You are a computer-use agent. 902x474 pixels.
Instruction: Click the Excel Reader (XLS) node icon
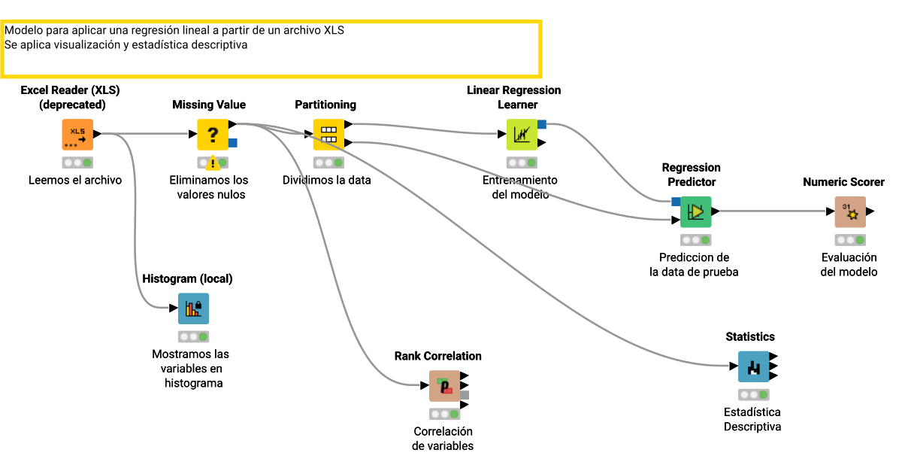[x=77, y=135]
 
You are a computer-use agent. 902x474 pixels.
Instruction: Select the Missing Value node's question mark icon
[x=213, y=135]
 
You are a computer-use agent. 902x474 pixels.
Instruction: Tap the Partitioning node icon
[x=328, y=135]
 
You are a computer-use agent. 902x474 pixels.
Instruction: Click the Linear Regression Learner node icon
[x=522, y=135]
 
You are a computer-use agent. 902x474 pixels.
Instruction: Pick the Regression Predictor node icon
[x=695, y=212]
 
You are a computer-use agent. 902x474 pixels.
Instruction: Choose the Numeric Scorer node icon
[x=850, y=212]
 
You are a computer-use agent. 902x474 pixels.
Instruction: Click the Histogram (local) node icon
[x=193, y=308]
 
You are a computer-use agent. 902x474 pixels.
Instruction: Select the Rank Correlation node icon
[x=445, y=386]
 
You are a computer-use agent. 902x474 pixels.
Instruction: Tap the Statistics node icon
[x=753, y=367]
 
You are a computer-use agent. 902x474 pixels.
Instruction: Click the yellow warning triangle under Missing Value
[x=213, y=163]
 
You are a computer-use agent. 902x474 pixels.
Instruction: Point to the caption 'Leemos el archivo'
[x=75, y=181]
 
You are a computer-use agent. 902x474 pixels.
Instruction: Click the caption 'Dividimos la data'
[x=326, y=181]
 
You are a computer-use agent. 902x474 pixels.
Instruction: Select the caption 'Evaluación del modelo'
[x=849, y=265]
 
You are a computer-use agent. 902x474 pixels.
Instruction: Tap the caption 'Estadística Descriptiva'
[x=752, y=420]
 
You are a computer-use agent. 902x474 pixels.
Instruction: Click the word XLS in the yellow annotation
[x=334, y=31]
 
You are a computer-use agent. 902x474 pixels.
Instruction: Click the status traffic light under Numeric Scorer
[x=850, y=240]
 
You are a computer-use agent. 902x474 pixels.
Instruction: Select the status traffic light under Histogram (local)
[x=193, y=336]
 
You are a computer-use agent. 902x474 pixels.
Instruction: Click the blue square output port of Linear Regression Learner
[x=542, y=124]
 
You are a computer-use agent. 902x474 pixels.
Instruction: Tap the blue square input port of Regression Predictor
[x=676, y=201]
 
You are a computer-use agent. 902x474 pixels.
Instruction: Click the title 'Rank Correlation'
[x=437, y=357]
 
